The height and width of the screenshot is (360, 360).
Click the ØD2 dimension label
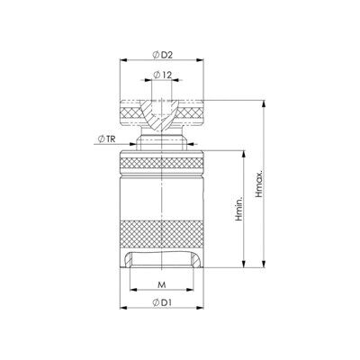coord(162,55)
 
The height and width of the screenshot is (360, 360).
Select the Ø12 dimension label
coord(162,75)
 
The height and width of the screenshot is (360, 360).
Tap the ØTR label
coord(107,139)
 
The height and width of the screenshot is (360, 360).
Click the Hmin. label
coord(238,209)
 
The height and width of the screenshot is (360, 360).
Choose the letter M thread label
coord(162,284)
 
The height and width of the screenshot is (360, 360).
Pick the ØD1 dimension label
coord(162,302)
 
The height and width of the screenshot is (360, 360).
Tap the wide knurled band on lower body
coord(162,235)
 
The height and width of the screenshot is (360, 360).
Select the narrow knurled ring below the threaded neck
coord(162,163)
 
